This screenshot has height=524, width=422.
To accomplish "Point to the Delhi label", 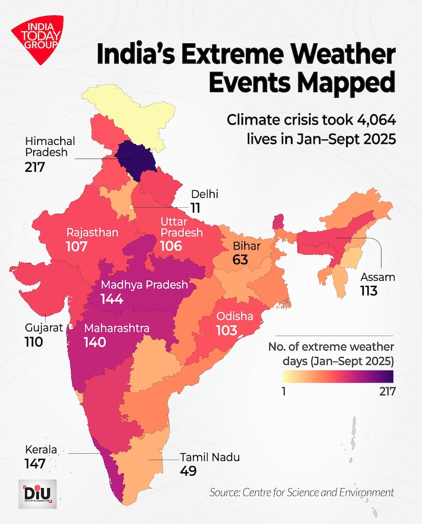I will click(x=204, y=194).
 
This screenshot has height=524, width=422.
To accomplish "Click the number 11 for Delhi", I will click(x=195, y=208).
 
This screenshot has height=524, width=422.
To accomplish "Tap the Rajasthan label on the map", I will click(x=92, y=233).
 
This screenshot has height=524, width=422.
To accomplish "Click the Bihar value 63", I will click(x=243, y=260).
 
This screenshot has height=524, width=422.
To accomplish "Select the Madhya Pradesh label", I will click(x=144, y=285).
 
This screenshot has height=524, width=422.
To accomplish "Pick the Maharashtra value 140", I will click(x=95, y=342).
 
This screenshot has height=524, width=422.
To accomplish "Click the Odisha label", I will click(x=234, y=316).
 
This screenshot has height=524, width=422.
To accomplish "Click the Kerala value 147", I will click(x=34, y=464).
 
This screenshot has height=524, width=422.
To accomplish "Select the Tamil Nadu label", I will click(x=209, y=457).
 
